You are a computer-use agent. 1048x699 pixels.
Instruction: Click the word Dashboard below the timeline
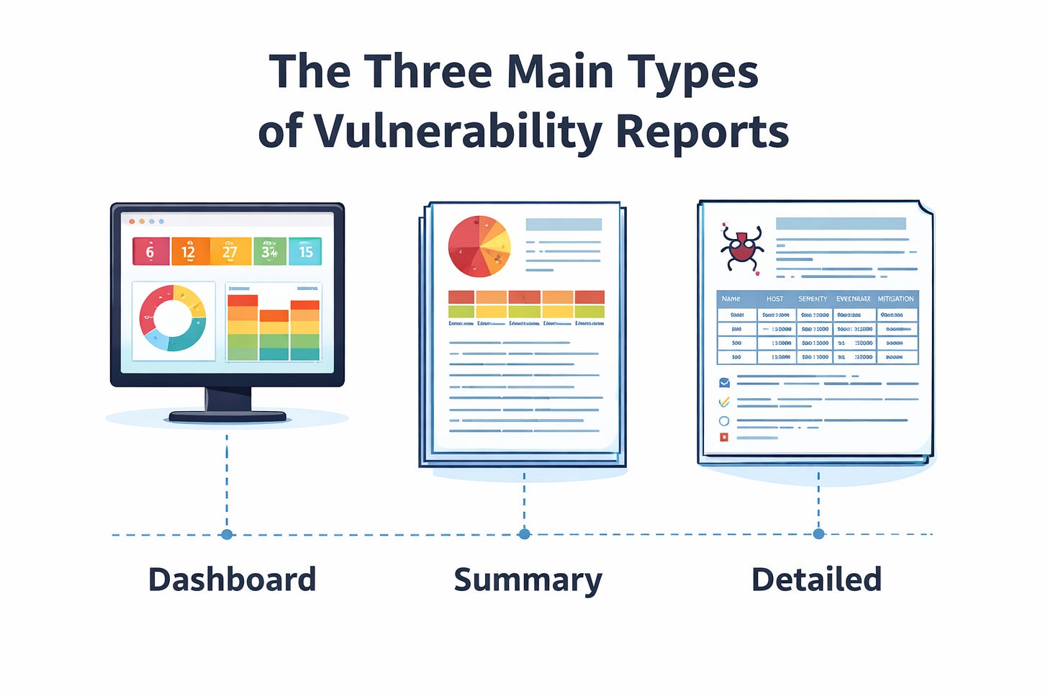point(232,580)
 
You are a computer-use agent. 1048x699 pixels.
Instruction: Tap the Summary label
point(528,580)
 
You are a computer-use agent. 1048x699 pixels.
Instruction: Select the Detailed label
point(816,580)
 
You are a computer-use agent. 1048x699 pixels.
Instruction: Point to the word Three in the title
point(427,72)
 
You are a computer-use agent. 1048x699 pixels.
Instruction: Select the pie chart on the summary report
point(479,246)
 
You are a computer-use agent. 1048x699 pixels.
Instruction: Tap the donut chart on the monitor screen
point(173,318)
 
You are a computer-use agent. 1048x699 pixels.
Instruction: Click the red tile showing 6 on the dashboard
point(150,252)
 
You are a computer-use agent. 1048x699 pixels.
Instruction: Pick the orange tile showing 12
point(189,252)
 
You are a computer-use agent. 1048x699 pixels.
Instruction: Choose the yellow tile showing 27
point(230,252)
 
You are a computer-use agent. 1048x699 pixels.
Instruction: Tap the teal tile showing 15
point(305,252)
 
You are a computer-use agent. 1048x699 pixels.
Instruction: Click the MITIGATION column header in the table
point(895,299)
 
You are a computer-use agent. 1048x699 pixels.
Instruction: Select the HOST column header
point(774,299)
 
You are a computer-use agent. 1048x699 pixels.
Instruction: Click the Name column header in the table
point(731,299)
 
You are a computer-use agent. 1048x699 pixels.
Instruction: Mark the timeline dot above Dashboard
point(227,534)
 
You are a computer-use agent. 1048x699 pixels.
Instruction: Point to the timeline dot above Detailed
point(818,534)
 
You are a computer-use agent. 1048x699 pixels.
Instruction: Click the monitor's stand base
point(227,416)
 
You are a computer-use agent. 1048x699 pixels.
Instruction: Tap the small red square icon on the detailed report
point(724,437)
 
